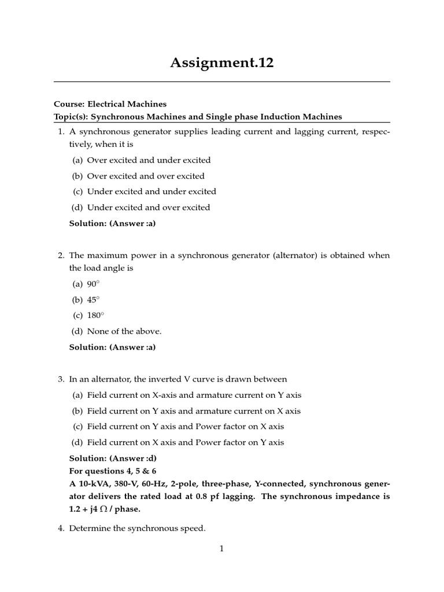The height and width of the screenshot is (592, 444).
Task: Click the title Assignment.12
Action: coord(221,63)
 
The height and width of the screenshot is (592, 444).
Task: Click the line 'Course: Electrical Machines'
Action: coord(110,104)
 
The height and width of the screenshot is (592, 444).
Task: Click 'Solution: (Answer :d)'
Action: coord(113,458)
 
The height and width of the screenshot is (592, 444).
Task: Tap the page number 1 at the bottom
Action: coord(221,549)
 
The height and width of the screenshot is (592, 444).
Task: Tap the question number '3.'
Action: coord(61,380)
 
